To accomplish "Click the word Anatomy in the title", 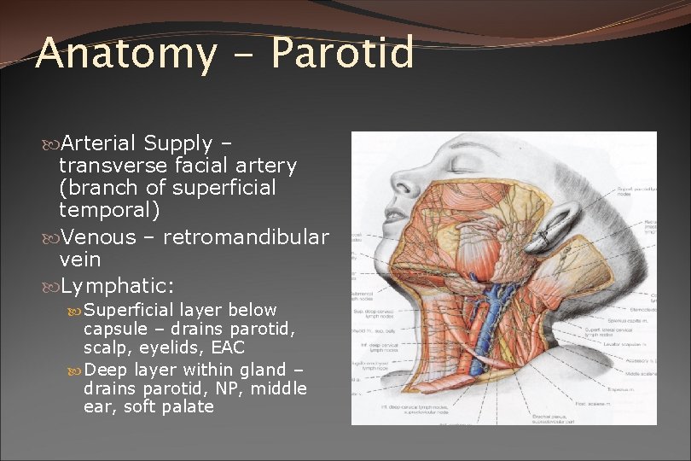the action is click(125, 54).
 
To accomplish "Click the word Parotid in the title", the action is click(342, 54).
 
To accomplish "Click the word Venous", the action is click(99, 236).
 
